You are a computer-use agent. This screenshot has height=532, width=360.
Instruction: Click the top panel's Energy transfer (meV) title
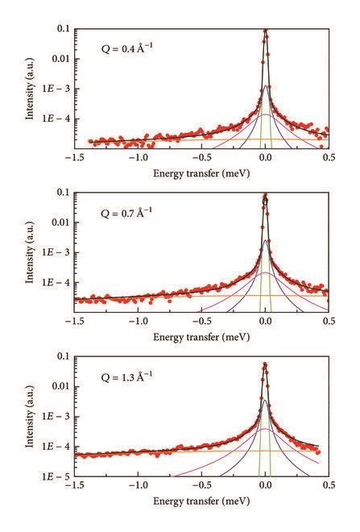click(x=201, y=172)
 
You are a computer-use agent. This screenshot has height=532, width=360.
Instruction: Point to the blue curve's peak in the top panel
click(x=265, y=86)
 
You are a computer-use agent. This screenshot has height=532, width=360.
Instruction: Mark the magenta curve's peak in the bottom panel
click(x=265, y=429)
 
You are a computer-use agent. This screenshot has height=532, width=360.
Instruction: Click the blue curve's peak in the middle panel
click(x=265, y=240)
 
